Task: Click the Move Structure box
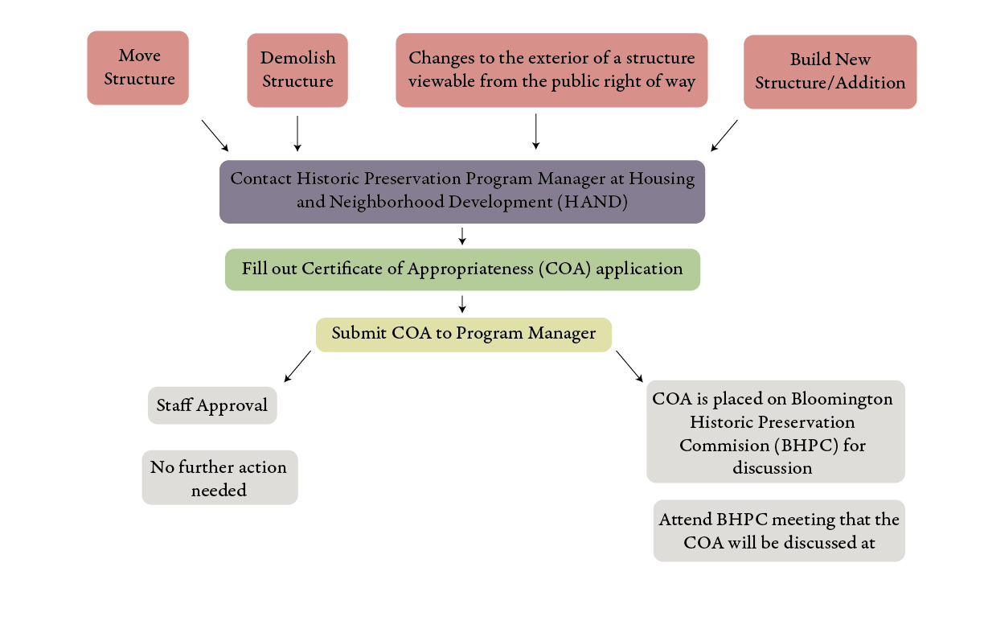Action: click(x=137, y=68)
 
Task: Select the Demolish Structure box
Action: click(x=297, y=70)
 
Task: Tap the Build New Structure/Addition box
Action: click(x=830, y=72)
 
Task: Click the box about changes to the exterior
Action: click(x=551, y=70)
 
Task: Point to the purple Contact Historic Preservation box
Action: click(x=462, y=191)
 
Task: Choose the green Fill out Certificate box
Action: click(x=462, y=269)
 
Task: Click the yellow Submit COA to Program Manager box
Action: click(x=464, y=334)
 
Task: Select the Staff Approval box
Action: click(x=212, y=405)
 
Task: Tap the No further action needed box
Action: click(x=219, y=478)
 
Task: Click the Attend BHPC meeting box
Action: click(x=779, y=531)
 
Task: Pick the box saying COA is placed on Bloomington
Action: click(x=775, y=432)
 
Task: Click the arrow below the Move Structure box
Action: click(x=215, y=135)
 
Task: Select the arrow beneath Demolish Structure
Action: click(x=297, y=133)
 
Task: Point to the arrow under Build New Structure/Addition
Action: click(x=724, y=135)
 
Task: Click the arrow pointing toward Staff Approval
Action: click(x=297, y=366)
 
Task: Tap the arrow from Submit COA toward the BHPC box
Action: click(x=629, y=366)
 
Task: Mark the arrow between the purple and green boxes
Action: click(x=462, y=236)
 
